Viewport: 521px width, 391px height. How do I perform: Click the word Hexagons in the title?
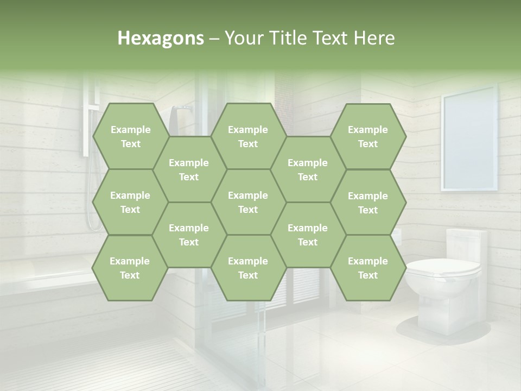161,38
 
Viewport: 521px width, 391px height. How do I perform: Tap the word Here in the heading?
374,38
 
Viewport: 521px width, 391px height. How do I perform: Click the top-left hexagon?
130,136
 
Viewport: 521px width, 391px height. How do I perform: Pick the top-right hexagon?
368,136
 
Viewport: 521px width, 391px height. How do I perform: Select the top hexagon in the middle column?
248,136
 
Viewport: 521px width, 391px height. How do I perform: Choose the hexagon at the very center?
248,202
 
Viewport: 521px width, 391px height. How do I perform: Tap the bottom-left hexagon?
130,268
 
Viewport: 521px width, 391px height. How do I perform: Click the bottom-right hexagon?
368,268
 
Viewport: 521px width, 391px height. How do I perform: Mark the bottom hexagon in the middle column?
248,268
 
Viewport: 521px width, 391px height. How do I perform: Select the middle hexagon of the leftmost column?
130,202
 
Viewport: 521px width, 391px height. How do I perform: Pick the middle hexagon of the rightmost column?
368,203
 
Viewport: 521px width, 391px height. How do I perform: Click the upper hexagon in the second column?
189,169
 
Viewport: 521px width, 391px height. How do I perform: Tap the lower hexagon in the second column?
189,235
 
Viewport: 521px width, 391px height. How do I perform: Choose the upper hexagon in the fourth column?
308,169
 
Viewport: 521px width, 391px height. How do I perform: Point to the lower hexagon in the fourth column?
308,235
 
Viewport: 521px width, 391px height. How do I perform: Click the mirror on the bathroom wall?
469,142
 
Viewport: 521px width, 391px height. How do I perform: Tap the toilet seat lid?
444,267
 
